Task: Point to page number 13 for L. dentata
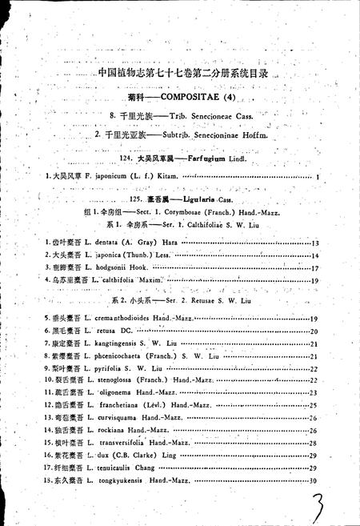click(314, 243)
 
